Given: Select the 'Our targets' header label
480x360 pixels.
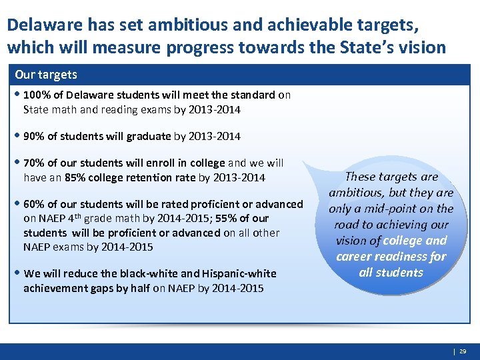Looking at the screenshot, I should [x=46, y=75].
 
